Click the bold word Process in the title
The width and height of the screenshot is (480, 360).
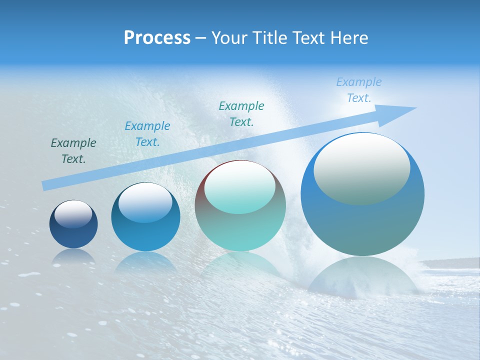[157, 38]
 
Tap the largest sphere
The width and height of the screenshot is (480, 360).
[362, 220]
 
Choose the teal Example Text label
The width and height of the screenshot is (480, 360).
[241, 114]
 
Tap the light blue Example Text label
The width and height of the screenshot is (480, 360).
[359, 90]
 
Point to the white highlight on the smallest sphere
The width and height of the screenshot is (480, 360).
[73, 214]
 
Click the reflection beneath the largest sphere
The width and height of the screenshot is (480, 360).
[362, 277]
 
